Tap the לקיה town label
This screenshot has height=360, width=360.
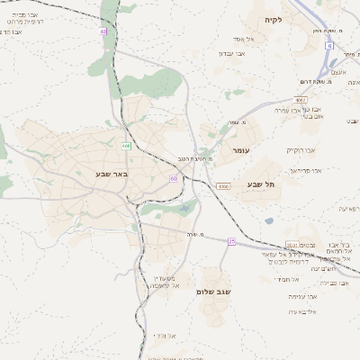click(274, 20)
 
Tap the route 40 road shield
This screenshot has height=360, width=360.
click(103, 31)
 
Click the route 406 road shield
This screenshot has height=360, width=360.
click(127, 145)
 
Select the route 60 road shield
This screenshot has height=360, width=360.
click(172, 179)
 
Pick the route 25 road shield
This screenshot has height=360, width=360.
click(231, 241)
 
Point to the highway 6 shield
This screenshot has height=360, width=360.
click(329, 45)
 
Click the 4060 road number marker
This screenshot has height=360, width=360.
click(222, 186)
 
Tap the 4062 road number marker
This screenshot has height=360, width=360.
click(301, 100)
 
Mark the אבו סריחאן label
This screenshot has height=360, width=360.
click(305, 169)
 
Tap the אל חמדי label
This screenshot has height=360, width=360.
click(301, 279)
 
